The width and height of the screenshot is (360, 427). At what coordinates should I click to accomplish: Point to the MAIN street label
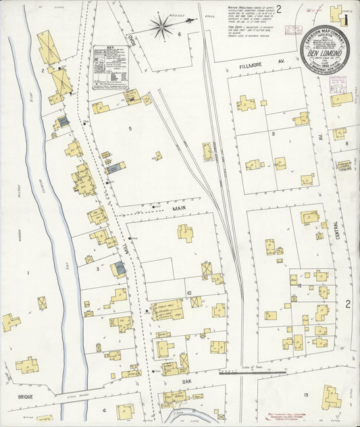click(x=178, y=209)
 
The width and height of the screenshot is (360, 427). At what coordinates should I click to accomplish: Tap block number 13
click(x=306, y=394)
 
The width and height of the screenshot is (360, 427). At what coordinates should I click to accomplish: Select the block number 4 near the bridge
click(x=104, y=410)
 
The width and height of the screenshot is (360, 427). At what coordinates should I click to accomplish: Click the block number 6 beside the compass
click(x=179, y=33)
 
